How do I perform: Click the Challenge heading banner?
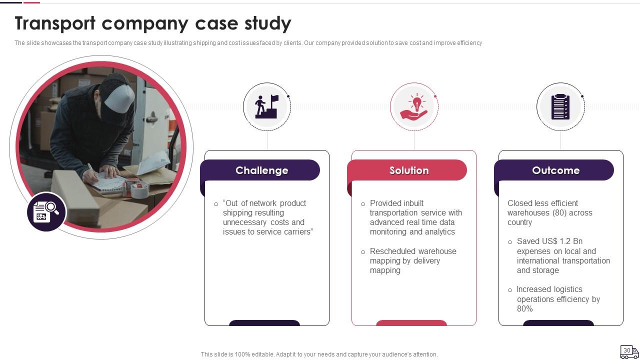click(x=261, y=170)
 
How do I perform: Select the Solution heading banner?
click(x=408, y=170)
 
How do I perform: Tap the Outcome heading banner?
click(x=555, y=170)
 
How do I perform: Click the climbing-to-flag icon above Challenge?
click(x=267, y=106)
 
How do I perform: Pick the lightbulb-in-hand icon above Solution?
click(x=414, y=106)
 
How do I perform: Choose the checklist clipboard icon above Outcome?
click(x=560, y=106)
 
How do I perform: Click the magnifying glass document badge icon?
click(x=46, y=212)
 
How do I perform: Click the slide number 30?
click(x=626, y=350)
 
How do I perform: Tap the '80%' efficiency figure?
click(x=524, y=309)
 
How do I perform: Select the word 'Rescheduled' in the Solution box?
click(x=391, y=251)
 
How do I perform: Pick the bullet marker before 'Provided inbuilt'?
click(x=363, y=204)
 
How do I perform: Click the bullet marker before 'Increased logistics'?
click(x=510, y=290)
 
